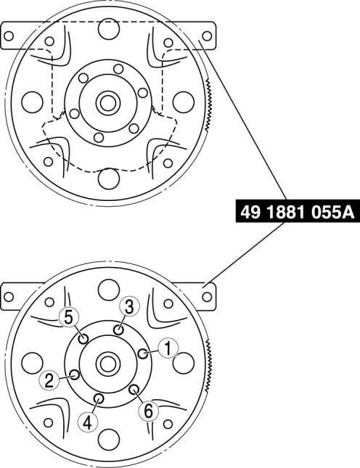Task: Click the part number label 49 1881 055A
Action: [298, 213]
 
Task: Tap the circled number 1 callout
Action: [168, 348]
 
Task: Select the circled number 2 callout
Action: [49, 381]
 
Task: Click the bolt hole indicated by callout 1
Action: [143, 353]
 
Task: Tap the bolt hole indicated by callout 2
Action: [74, 374]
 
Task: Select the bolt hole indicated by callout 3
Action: [119, 330]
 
